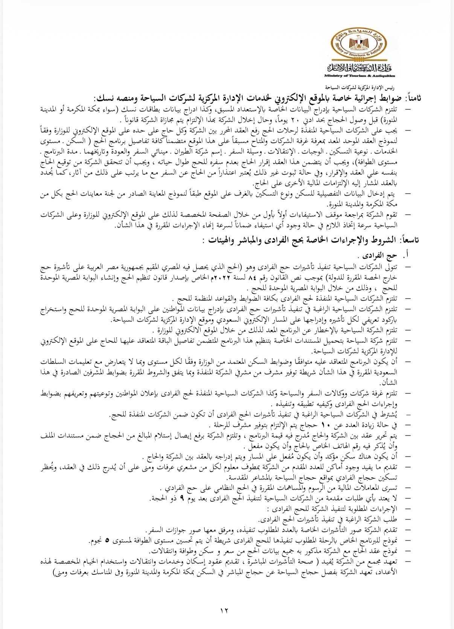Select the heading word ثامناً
click(x=413, y=98)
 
